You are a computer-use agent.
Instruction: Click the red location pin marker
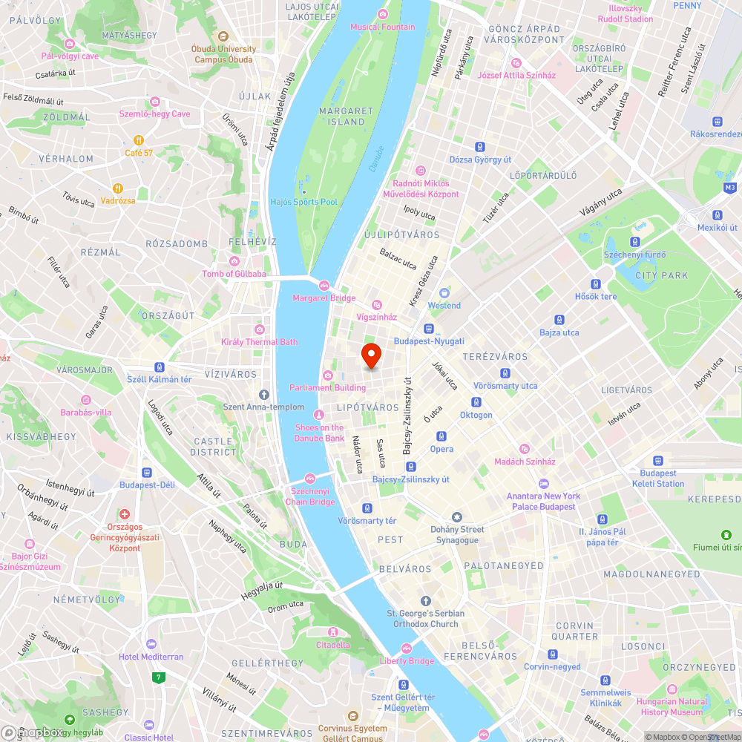pyautogui.click(x=371, y=356)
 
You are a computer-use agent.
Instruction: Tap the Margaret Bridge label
pyautogui.click(x=324, y=298)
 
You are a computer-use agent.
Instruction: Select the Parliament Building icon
pyautogui.click(x=327, y=374)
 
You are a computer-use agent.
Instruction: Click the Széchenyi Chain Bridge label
pyautogui.click(x=310, y=496)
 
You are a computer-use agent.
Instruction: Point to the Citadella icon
pyautogui.click(x=332, y=631)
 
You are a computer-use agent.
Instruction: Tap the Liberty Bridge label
pyautogui.click(x=407, y=660)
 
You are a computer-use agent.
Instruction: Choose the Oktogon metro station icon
pyautogui.click(x=476, y=401)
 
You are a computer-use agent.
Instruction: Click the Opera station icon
pyautogui.click(x=441, y=436)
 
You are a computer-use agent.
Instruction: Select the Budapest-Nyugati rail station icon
pyautogui.click(x=429, y=329)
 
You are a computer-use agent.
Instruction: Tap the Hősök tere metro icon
pyautogui.click(x=596, y=283)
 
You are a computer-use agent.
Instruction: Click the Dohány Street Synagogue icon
pyautogui.click(x=457, y=516)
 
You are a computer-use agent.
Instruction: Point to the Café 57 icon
pyautogui.click(x=139, y=140)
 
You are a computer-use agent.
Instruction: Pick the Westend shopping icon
pyautogui.click(x=444, y=293)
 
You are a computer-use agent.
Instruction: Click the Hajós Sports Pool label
pyautogui.click(x=304, y=202)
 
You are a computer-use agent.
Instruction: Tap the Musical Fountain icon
pyautogui.click(x=383, y=14)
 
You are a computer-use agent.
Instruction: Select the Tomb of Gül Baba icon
pyautogui.click(x=235, y=260)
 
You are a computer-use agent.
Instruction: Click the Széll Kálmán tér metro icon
pyautogui.click(x=159, y=367)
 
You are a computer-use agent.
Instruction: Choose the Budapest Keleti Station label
pyautogui.click(x=658, y=478)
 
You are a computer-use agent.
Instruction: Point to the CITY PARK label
pyautogui.click(x=662, y=275)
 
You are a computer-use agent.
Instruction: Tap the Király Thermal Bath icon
pyautogui.click(x=260, y=329)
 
